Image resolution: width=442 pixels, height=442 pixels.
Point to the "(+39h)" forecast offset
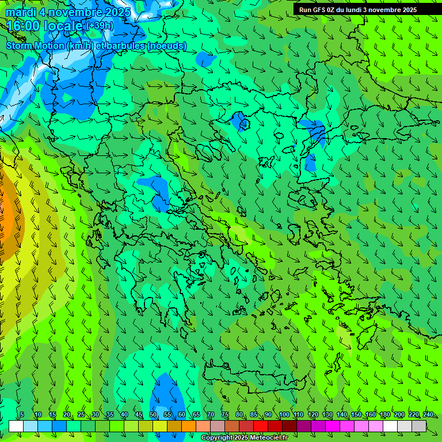[101, 25]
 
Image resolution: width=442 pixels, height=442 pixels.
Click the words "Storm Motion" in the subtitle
[36, 45]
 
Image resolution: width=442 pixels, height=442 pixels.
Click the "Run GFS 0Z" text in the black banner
[319, 9]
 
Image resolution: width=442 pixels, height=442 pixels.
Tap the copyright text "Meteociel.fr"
[261, 438]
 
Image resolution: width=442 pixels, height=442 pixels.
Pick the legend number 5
[22, 414]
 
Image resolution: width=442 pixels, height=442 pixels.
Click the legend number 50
[153, 414]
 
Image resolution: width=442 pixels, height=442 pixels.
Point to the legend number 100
[284, 414]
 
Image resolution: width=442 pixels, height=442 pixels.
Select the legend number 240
[428, 414]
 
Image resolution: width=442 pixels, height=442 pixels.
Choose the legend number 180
[384, 414]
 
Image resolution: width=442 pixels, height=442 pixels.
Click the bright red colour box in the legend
[261, 426]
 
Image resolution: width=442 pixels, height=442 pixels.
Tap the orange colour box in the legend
[189, 426]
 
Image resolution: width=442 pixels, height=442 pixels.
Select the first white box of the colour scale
[16, 426]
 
